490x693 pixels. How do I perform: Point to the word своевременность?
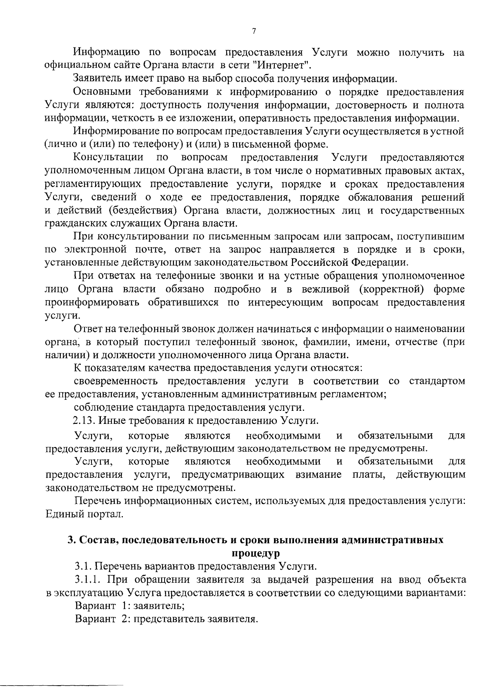[x=116, y=381]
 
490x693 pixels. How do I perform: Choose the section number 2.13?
[x=84, y=421]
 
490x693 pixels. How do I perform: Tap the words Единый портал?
[x=84, y=514]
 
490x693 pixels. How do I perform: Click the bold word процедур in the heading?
[x=256, y=553]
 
